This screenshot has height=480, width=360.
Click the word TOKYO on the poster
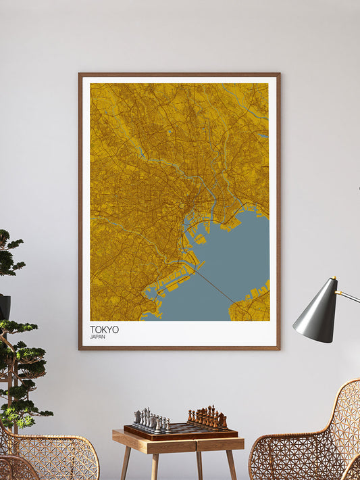104,330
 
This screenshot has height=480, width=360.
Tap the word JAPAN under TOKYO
97,337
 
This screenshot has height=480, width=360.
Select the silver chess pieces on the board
151,421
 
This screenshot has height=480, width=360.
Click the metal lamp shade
317,312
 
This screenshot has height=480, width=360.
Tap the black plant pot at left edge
4,306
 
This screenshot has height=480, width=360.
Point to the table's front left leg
125,464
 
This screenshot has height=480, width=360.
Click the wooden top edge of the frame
179,75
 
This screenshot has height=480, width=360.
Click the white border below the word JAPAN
179,343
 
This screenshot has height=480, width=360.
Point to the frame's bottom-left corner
80,347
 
